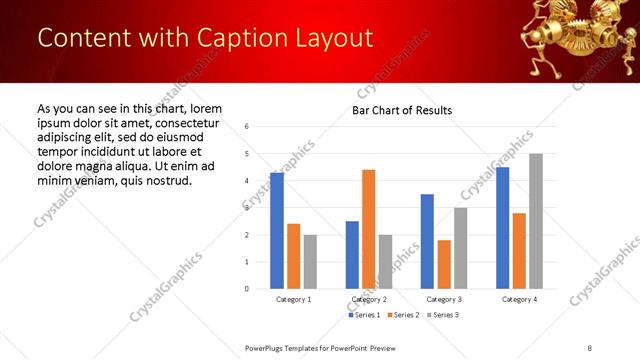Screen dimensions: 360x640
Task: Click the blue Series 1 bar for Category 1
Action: tap(277, 231)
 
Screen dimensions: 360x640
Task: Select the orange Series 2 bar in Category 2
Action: tap(368, 229)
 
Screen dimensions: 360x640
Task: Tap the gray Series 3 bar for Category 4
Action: tap(536, 221)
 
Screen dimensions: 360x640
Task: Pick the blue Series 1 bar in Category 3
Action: tap(427, 241)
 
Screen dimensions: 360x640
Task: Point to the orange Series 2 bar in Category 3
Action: tap(444, 264)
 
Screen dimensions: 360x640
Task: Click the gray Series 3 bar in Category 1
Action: tap(311, 262)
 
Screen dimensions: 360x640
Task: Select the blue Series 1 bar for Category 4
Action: tap(502, 228)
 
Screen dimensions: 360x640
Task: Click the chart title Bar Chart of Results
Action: tap(402, 110)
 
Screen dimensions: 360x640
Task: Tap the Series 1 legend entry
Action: tap(364, 315)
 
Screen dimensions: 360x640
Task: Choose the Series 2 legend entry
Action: tap(402, 315)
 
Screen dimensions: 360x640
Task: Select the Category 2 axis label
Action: tap(368, 299)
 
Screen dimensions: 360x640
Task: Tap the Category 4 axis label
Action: tap(519, 299)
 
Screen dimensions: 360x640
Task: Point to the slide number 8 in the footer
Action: tap(590, 347)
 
